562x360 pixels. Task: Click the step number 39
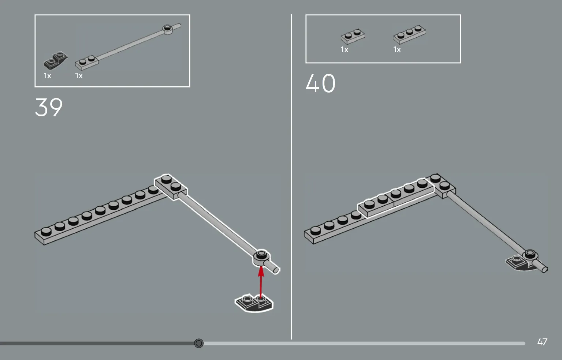point(49,107)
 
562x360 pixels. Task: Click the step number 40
point(320,83)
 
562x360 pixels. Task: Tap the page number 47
point(542,342)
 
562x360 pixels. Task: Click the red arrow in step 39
point(261,282)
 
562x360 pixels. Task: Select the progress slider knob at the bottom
point(199,343)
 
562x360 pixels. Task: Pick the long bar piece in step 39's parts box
point(128,47)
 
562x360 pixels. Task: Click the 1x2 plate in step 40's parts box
point(353,36)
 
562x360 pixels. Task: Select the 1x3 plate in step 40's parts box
point(409,34)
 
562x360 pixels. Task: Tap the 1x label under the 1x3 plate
point(397,50)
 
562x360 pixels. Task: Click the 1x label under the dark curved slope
point(48,75)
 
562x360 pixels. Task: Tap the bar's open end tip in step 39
point(276,270)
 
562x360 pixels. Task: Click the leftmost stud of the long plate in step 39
point(46,232)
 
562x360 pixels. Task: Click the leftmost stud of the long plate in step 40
point(315,230)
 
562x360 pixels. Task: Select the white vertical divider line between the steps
point(291,177)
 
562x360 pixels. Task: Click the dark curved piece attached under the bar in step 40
point(520,264)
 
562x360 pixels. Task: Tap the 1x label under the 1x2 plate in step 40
point(345,50)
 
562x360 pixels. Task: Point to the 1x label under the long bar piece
point(79,75)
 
